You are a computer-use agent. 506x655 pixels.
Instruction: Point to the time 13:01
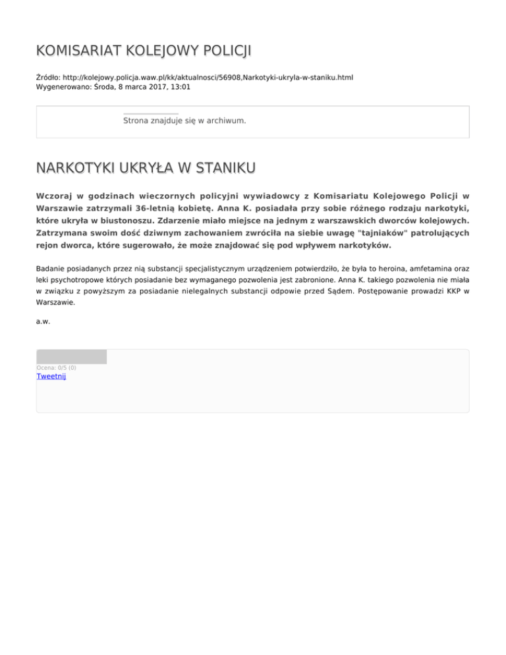click(181, 87)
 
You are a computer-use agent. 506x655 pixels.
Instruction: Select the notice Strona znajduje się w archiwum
click(184, 121)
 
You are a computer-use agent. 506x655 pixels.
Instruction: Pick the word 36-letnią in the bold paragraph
click(180, 209)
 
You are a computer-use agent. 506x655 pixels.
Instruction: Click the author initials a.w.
click(43, 322)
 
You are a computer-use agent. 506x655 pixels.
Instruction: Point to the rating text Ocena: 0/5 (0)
click(56, 367)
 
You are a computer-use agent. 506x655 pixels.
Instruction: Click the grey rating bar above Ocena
click(71, 356)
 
